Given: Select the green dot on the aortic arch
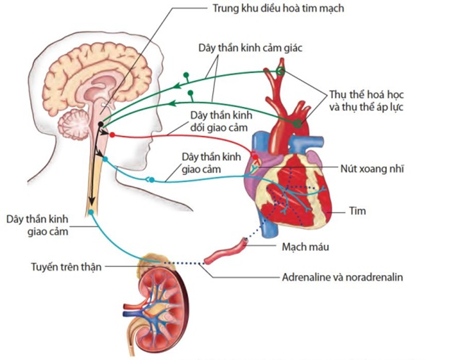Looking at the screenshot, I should (298, 124).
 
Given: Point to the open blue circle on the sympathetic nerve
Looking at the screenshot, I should (149, 180).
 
